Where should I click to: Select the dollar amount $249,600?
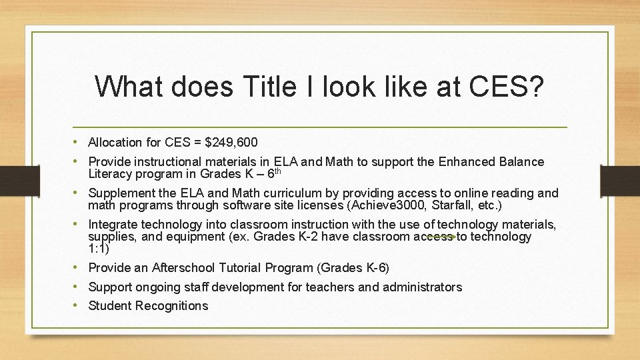(x=231, y=142)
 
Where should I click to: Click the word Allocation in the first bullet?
(x=115, y=142)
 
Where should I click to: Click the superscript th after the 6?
(x=278, y=172)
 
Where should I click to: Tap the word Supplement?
(x=121, y=193)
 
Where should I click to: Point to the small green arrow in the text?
(x=441, y=237)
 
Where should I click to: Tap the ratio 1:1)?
(x=99, y=249)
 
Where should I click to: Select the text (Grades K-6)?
(x=354, y=268)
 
